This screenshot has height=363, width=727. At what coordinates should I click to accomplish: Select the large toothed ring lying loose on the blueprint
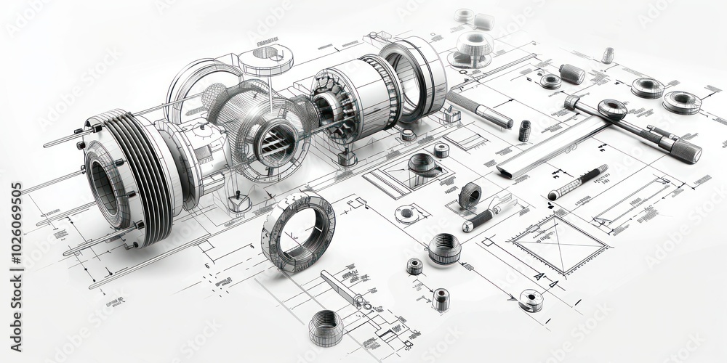click(x=298, y=231)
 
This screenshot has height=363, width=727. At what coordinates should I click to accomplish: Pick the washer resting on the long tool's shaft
click(x=612, y=110)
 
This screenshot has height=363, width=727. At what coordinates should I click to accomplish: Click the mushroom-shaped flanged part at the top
click(x=473, y=45)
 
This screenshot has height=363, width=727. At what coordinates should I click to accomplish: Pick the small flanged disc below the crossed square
click(x=531, y=299)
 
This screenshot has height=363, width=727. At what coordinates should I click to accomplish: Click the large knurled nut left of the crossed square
click(x=443, y=249)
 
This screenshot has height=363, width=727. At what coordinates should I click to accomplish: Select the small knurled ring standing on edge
click(x=470, y=195)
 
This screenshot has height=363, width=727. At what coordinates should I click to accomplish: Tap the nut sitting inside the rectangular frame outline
click(x=422, y=164)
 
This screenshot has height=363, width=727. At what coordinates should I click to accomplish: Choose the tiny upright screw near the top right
click(x=608, y=55)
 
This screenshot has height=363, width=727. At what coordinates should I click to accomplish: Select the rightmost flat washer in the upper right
click(x=682, y=102)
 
